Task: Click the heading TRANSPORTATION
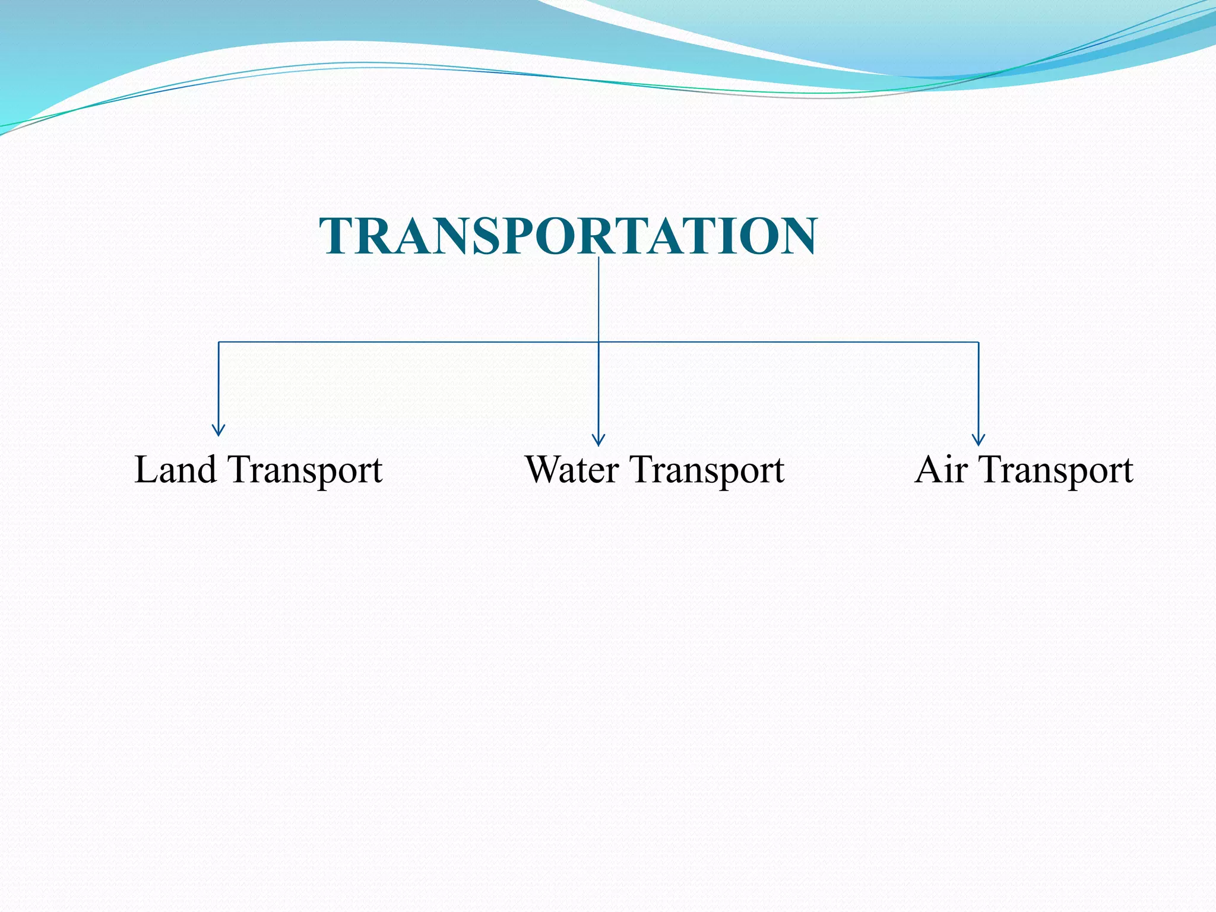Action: point(568,236)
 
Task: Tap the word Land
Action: point(175,470)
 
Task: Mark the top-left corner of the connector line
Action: point(218,342)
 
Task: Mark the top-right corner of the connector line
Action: point(978,342)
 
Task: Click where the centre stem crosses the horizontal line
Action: point(598,342)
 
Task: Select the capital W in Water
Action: point(544,470)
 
